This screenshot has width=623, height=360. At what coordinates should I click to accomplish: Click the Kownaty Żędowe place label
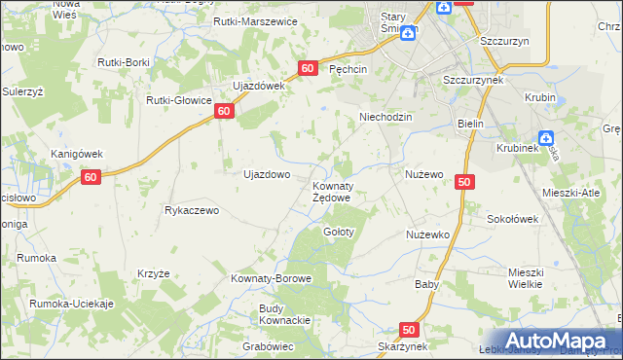point(331,191)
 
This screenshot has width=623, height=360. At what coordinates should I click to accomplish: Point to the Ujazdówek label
point(257,86)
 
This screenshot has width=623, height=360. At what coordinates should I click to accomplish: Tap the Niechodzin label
point(386,116)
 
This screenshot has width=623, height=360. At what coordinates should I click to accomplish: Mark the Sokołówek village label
point(513,219)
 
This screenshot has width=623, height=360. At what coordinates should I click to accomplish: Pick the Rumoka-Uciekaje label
point(72,304)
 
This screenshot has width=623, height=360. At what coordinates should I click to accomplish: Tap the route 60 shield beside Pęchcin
point(308,68)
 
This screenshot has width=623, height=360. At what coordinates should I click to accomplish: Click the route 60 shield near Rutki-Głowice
point(224,112)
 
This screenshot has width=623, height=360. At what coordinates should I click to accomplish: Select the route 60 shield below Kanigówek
point(91,177)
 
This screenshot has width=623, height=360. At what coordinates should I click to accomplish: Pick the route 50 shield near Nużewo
point(463,182)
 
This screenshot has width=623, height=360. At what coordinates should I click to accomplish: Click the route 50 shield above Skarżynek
point(408,330)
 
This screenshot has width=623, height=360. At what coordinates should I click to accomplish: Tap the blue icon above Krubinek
point(546,139)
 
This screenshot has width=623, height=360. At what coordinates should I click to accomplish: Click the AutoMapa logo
point(556,341)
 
